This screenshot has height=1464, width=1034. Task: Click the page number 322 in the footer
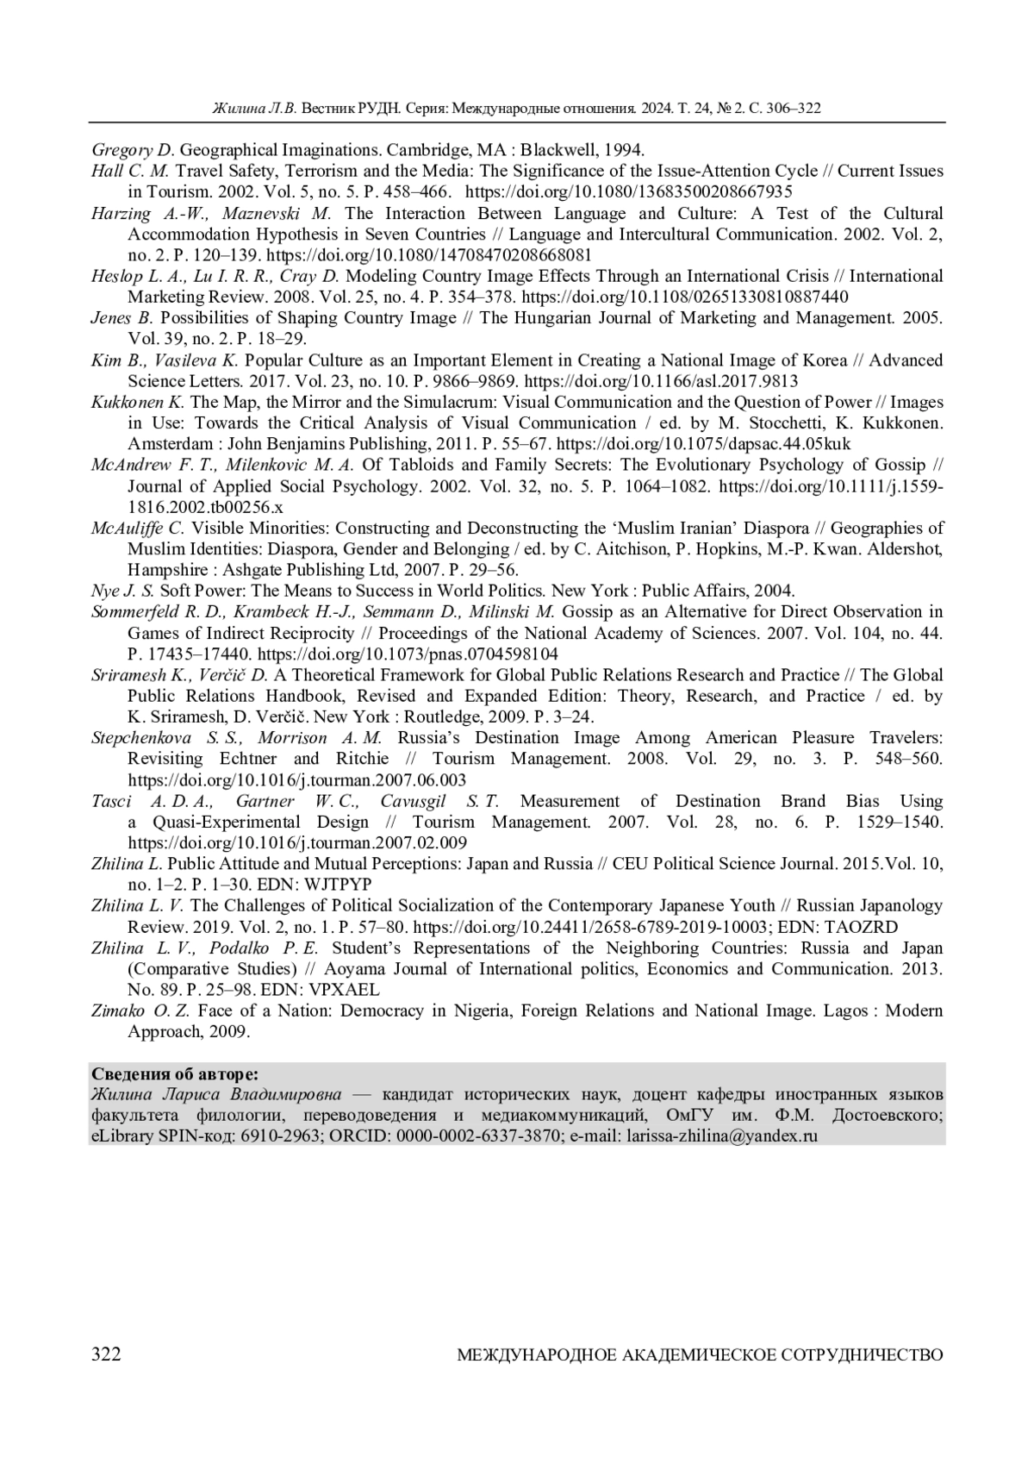point(106,1355)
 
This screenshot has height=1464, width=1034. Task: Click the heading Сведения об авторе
point(174,1073)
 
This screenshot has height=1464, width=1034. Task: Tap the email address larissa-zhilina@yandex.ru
point(722,1136)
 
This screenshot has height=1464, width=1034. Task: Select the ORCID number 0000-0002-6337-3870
point(477,1136)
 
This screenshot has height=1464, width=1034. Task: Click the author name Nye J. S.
point(122,591)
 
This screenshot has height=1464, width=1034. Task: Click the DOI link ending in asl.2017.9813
point(660,381)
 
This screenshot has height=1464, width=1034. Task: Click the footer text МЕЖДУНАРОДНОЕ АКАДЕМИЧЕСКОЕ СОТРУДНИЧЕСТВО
point(699,1355)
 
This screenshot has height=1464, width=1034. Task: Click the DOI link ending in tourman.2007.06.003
point(297,780)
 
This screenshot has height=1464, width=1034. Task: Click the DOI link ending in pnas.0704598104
point(408,654)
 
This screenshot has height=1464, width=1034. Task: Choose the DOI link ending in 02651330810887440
point(685,297)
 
